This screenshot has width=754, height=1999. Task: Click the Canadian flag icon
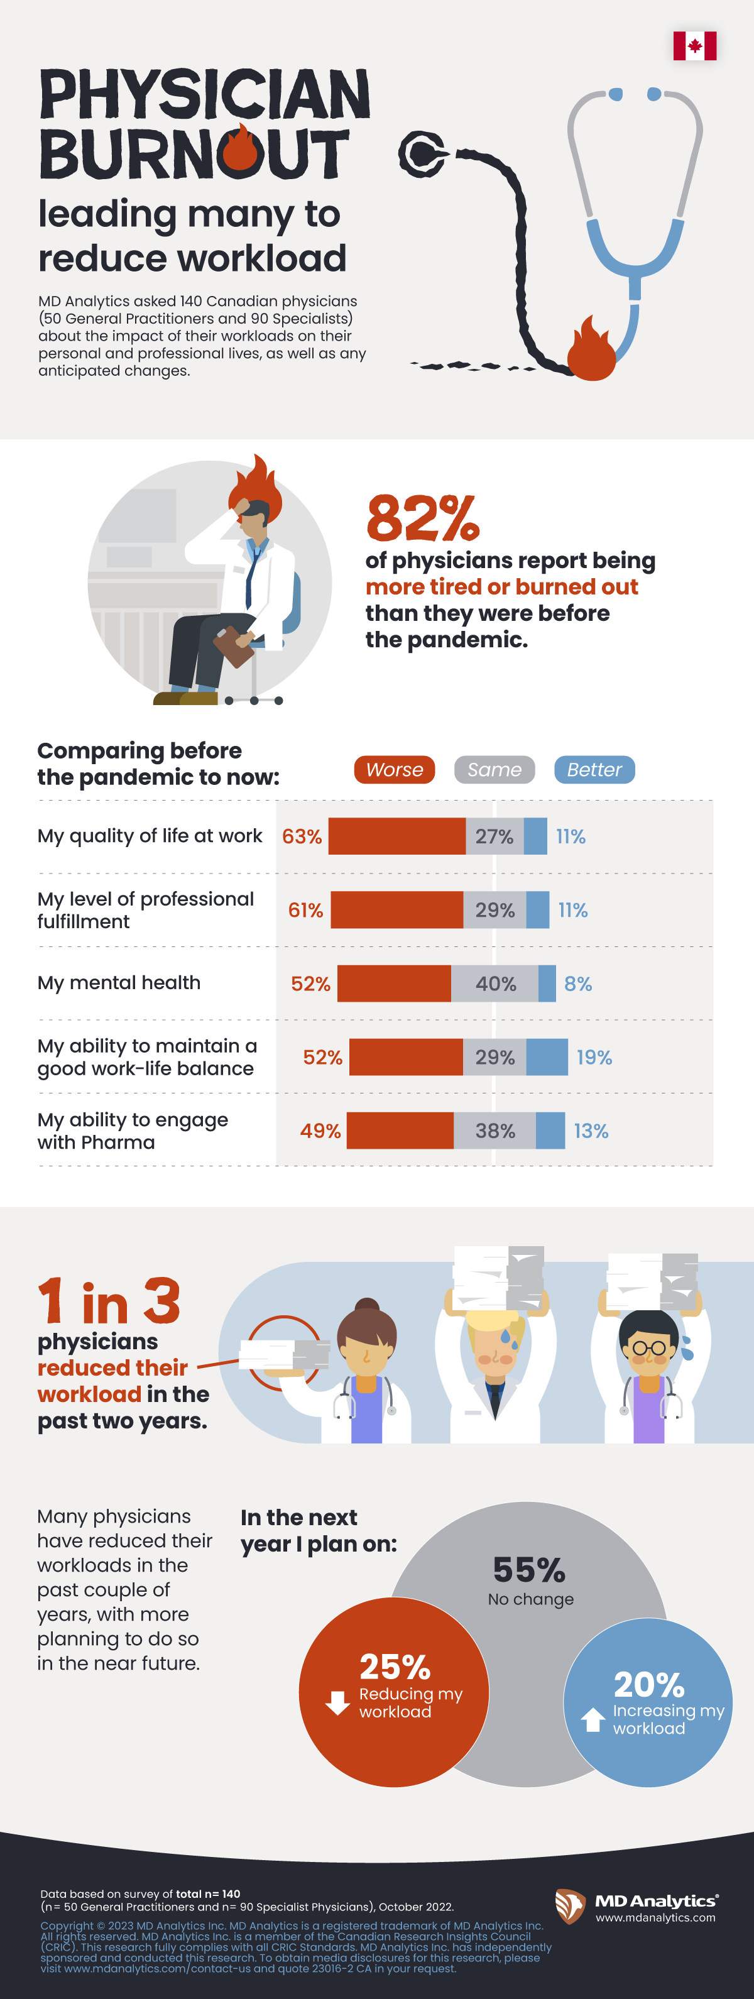coord(694,46)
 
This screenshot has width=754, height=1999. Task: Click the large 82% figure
coord(423,518)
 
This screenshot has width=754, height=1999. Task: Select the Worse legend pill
coord(394,770)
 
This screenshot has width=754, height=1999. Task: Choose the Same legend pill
coord(494,770)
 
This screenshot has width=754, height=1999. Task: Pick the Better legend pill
coord(594,770)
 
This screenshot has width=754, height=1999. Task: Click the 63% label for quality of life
coord(302,836)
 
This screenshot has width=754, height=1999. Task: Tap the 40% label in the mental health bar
coord(496,984)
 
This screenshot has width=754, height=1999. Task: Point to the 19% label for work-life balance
coord(594,1057)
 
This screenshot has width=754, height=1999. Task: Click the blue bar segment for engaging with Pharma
coord(550,1131)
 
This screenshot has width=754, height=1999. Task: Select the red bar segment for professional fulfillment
coord(396,910)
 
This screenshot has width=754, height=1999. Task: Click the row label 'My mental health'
coord(119,983)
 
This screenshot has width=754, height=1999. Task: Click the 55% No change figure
coord(529,1570)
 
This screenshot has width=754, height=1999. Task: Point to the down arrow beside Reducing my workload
coord(337,1702)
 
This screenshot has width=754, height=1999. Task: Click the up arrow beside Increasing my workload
coord(593,1719)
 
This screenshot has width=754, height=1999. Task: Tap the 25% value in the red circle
coord(395,1667)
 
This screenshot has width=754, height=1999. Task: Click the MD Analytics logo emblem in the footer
coord(570,1906)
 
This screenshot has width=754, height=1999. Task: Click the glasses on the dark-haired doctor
coord(648,1348)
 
